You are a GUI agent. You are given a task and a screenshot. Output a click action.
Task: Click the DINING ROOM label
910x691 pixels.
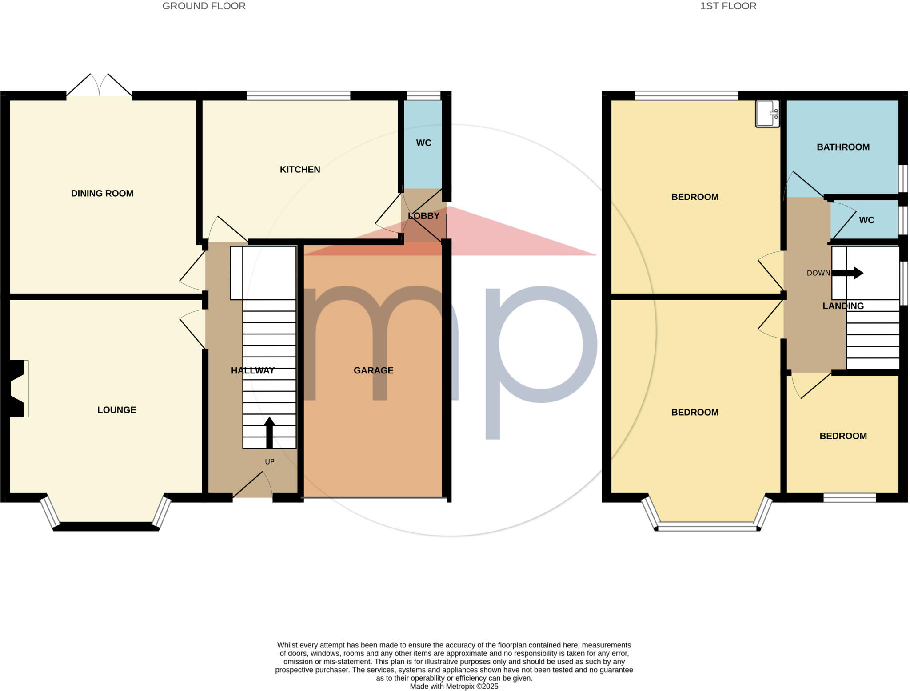tap(102, 193)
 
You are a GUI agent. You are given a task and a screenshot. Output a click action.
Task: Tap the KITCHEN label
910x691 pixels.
tap(300, 169)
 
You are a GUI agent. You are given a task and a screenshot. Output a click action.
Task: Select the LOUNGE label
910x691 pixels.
tap(117, 410)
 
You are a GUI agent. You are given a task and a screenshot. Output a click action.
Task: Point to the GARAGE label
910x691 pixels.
tap(374, 370)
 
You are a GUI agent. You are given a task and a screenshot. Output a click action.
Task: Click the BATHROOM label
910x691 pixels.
tap(843, 147)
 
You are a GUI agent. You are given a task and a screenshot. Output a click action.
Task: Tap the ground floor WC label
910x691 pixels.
tap(423, 143)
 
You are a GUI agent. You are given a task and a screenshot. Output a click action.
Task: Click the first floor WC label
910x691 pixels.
tap(866, 220)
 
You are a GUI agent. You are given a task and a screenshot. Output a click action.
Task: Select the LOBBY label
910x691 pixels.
tap(423, 216)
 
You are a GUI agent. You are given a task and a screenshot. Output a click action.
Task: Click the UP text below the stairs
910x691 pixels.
tap(270, 462)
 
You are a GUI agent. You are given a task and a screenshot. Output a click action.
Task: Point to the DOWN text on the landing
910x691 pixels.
tap(818, 273)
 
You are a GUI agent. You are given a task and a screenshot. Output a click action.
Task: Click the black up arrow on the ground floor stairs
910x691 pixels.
tap(269, 432)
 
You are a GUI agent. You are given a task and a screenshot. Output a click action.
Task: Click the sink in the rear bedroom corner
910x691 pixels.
tap(767, 114)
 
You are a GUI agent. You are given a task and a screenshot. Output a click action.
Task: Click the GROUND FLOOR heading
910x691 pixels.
tap(204, 6)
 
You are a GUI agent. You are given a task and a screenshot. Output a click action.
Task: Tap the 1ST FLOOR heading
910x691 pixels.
tap(728, 6)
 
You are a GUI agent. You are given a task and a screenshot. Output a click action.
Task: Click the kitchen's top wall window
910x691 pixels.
tap(298, 95)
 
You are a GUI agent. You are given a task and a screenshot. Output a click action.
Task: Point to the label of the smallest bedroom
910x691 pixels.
tap(843, 436)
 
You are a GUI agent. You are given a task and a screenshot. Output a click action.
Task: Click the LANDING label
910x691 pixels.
tap(843, 306)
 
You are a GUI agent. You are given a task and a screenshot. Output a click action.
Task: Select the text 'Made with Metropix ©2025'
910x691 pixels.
tap(454, 687)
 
